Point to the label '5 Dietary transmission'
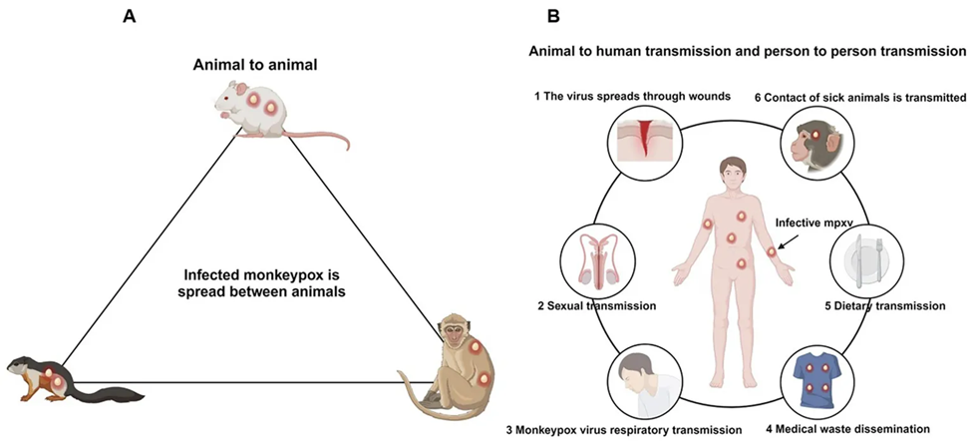pos(885,306)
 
